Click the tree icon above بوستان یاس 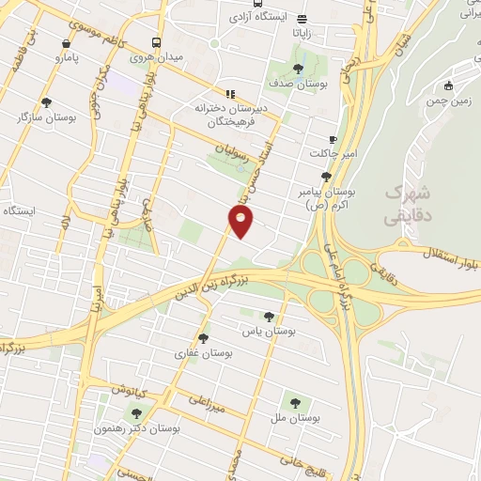coord(271,317)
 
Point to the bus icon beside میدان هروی coord(157,42)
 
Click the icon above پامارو coord(66,43)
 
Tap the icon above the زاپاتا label coord(301,18)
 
